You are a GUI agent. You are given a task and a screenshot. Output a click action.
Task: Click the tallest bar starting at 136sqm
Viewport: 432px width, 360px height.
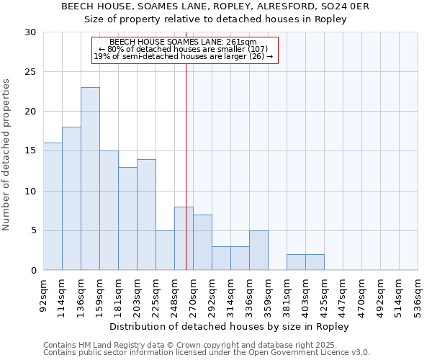tap(90, 179)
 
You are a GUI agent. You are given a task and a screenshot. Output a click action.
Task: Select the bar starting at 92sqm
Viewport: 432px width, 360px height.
tap(53, 207)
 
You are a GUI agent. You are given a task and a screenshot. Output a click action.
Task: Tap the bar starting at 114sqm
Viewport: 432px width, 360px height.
tap(71, 199)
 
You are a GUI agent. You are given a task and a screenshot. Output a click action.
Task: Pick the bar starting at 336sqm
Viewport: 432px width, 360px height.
tap(258, 251)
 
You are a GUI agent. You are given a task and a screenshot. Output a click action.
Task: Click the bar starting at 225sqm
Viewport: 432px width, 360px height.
tap(165, 251)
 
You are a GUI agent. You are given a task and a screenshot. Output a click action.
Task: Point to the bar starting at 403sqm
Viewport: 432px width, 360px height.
tap(315, 262)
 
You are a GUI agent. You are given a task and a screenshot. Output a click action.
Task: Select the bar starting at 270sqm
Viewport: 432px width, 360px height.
tap(202, 243)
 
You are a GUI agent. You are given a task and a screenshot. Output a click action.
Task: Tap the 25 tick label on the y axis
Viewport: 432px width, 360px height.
tap(30, 72)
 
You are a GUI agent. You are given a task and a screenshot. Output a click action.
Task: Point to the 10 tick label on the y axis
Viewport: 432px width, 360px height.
tap(30, 192)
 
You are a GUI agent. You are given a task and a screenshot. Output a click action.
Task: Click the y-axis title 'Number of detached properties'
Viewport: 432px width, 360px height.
tap(7, 156)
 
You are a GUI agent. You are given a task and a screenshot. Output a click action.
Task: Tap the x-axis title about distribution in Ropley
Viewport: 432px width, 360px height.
tap(233, 327)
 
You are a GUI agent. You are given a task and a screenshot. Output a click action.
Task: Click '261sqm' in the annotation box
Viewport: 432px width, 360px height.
tap(243, 42)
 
